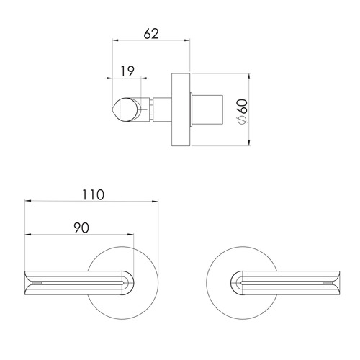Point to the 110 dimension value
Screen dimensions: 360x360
pyautogui.click(x=92, y=194)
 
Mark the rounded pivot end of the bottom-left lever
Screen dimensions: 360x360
pyautogui.click(x=128, y=282)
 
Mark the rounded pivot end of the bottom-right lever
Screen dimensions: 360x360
pyautogui.click(x=235, y=282)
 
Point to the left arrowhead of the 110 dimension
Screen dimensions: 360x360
pyautogui.click(x=27, y=202)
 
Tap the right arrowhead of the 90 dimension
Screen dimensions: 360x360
pyautogui.click(x=132, y=235)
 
